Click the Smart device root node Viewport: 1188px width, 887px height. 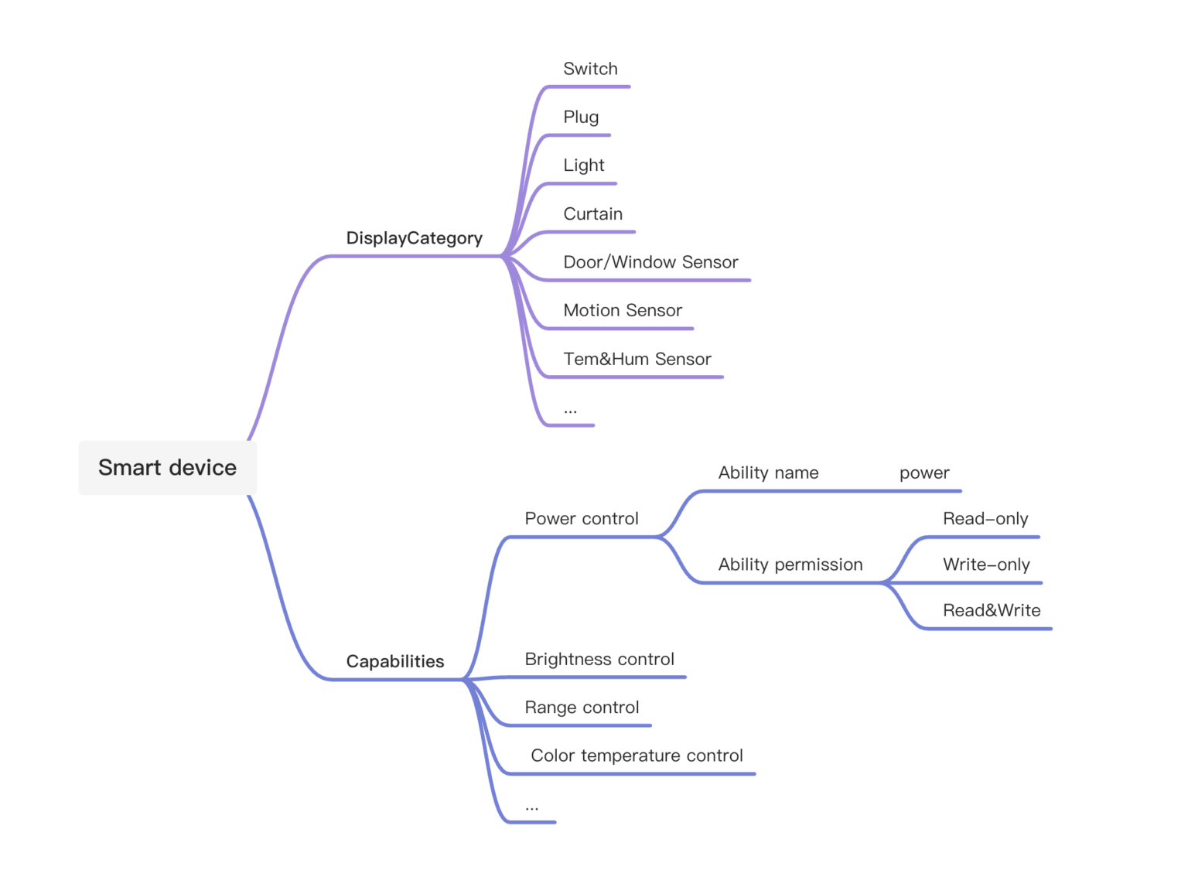167,468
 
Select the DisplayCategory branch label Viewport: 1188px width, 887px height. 414,238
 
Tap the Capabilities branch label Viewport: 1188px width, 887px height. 394,661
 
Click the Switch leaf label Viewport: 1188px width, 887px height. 590,69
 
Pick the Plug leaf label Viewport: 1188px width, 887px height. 581,117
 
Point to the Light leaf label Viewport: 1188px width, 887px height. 583,165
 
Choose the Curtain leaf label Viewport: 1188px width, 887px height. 592,214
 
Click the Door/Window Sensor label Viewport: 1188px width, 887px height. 650,262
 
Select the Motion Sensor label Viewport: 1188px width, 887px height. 623,311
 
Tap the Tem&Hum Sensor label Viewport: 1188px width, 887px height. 637,359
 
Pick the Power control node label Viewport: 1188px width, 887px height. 582,519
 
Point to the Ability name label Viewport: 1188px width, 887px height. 768,472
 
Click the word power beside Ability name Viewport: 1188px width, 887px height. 924,472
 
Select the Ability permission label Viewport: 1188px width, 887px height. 790,565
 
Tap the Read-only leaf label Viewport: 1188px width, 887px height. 985,519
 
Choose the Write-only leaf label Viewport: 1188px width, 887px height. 986,565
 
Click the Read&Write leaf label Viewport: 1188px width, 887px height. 992,610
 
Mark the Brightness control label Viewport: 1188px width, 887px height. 599,659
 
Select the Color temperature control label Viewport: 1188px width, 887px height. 637,756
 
